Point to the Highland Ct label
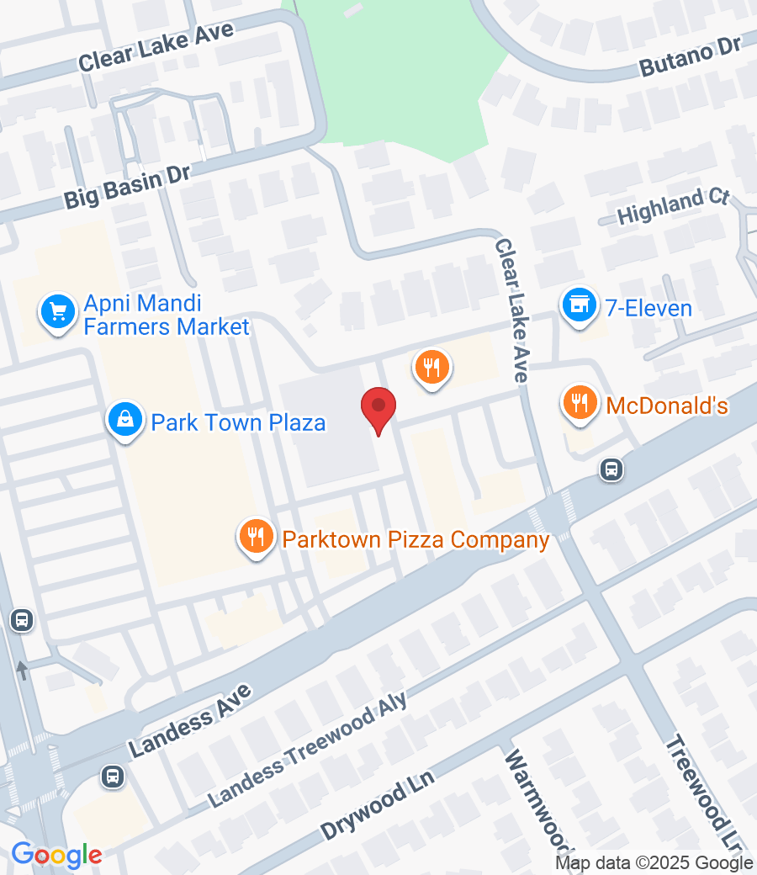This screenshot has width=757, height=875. point(672,206)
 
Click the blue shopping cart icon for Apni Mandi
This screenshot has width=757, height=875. point(58,312)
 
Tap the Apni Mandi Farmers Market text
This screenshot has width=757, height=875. point(167,315)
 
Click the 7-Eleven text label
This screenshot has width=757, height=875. point(648,308)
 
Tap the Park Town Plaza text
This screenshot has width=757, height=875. point(238,422)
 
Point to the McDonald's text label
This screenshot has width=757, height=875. point(666,406)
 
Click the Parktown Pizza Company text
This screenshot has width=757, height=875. point(416,539)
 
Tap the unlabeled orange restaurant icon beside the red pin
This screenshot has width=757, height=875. point(432,368)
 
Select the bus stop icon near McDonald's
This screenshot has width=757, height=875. point(611,469)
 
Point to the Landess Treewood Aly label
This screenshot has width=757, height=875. point(307,749)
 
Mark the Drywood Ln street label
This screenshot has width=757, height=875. point(377,804)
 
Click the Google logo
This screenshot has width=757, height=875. point(56,856)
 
